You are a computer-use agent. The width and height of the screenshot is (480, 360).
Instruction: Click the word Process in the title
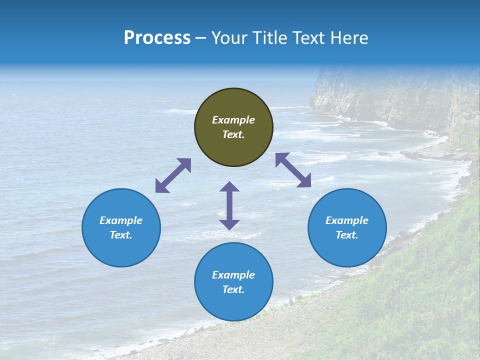pyautogui.click(x=157, y=38)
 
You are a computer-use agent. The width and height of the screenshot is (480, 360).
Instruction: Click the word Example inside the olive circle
pyautogui.click(x=233, y=120)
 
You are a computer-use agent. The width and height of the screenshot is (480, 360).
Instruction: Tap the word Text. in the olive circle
pyautogui.click(x=233, y=134)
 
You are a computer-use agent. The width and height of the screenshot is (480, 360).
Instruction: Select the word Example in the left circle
pyautogui.click(x=121, y=220)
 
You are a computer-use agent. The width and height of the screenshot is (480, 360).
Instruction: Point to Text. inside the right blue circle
pyautogui.click(x=347, y=235)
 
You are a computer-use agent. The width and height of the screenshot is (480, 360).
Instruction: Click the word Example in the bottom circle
pyautogui.click(x=233, y=275)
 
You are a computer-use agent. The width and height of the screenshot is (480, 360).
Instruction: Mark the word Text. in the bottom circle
pyautogui.click(x=233, y=289)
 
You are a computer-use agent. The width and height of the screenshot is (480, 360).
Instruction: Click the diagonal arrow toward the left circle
pyautogui.click(x=173, y=175)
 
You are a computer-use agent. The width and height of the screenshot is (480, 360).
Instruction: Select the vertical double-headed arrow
pyautogui.click(x=229, y=205)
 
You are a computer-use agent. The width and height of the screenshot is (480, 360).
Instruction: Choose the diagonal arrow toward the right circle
pyautogui.click(x=293, y=170)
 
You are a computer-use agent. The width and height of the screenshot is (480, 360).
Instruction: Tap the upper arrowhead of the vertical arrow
pyautogui.click(x=229, y=186)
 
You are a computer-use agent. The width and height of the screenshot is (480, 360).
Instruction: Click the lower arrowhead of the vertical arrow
pyautogui.click(x=229, y=224)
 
